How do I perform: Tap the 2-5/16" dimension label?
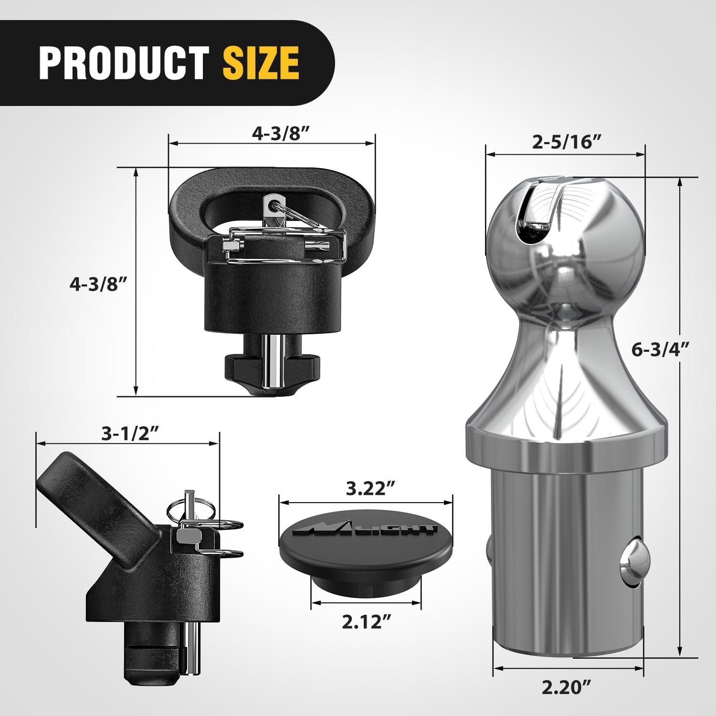(566, 143)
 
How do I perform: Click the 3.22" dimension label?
(366, 488)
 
